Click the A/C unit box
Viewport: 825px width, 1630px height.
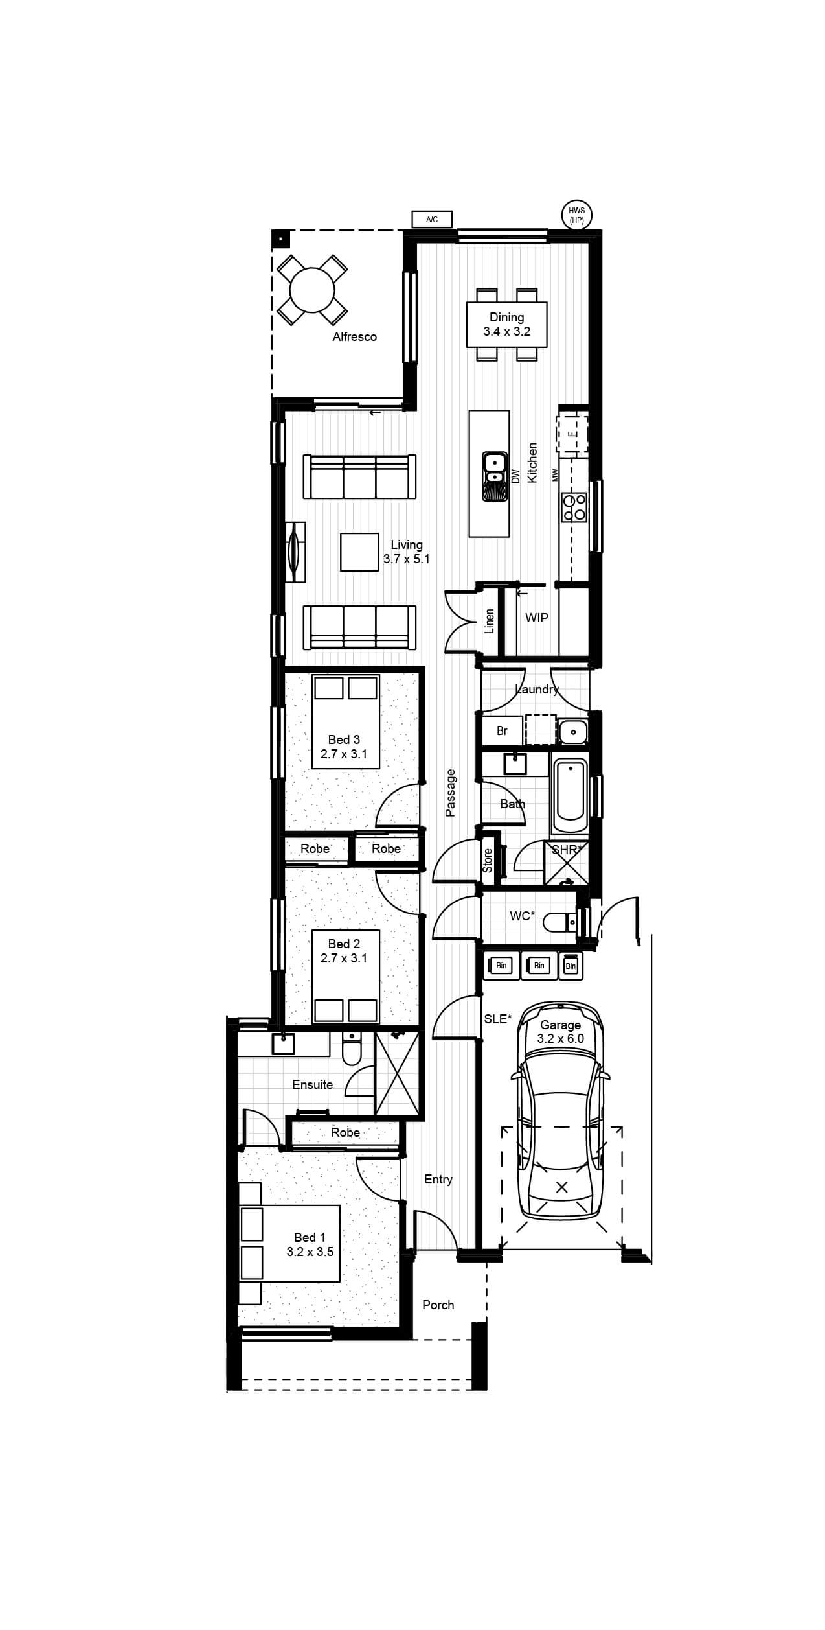coord(432,220)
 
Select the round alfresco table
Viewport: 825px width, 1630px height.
coord(312,290)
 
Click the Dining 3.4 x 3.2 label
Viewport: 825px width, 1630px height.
coord(507,324)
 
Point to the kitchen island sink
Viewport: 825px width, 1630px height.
coord(494,476)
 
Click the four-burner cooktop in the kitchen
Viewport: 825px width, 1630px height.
coord(574,507)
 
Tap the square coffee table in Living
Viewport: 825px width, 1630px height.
coord(359,552)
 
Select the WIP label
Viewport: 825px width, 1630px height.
coord(537,618)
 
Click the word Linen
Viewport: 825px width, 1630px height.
coord(490,621)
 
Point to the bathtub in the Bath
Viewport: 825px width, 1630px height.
coord(571,797)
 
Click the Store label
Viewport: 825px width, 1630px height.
coord(488,860)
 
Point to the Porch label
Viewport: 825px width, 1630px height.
coord(438,1305)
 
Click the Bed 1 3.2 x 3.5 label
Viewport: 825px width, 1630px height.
coord(310,1244)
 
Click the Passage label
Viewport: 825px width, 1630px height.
coord(451,792)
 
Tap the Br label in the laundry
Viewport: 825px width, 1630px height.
coord(502,730)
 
